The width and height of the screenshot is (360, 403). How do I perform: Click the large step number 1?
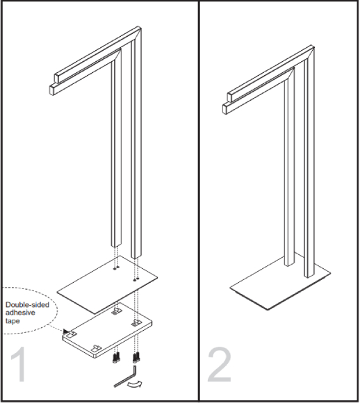click(19, 364)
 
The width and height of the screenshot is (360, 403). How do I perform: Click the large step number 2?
click(220, 364)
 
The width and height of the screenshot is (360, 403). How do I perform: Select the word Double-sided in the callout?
click(27, 305)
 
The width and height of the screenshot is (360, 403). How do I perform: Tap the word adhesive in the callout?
click(20, 313)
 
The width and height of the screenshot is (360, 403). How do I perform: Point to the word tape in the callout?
click(13, 321)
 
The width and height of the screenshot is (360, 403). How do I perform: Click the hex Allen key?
click(126, 377)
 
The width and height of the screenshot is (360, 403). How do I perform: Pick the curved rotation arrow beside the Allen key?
click(135, 384)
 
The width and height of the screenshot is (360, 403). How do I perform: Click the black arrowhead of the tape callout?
click(66, 331)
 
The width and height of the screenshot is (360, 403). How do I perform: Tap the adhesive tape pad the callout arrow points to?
click(71, 334)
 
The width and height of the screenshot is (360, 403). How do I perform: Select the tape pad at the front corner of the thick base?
click(97, 348)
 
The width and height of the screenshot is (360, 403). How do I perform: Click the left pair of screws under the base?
click(116, 358)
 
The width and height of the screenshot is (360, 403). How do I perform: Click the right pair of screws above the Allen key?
click(136, 357)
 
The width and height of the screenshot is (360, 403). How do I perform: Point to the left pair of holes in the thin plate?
click(116, 268)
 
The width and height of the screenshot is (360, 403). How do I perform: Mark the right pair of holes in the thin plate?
click(136, 279)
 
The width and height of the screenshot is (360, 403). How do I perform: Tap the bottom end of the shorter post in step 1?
click(115, 245)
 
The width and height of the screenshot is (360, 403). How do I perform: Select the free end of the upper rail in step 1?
click(56, 78)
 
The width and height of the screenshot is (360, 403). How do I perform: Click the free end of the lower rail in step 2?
click(225, 108)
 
